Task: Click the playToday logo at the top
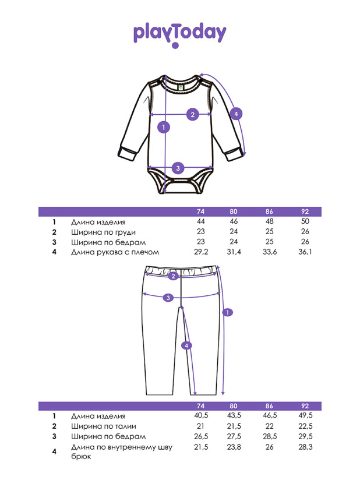[179, 35]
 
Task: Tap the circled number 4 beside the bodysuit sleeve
[236, 114]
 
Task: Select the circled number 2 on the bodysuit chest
[193, 115]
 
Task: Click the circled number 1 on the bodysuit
[164, 127]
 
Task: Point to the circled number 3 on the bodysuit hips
[178, 168]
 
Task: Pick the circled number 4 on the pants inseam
[186, 345]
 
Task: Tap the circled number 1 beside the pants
[228, 313]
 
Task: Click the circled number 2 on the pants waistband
[173, 276]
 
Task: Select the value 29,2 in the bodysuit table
[201, 252]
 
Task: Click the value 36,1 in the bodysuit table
[305, 252]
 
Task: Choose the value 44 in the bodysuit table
[201, 221]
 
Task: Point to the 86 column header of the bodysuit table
[269, 211]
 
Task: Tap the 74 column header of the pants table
[201, 406]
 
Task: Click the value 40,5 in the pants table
[201, 415]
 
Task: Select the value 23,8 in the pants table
[234, 447]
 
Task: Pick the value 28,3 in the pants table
[305, 447]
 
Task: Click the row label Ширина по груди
[103, 232]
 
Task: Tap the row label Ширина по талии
[104, 426]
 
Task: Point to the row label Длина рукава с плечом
[115, 252]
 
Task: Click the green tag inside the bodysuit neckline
[181, 87]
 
